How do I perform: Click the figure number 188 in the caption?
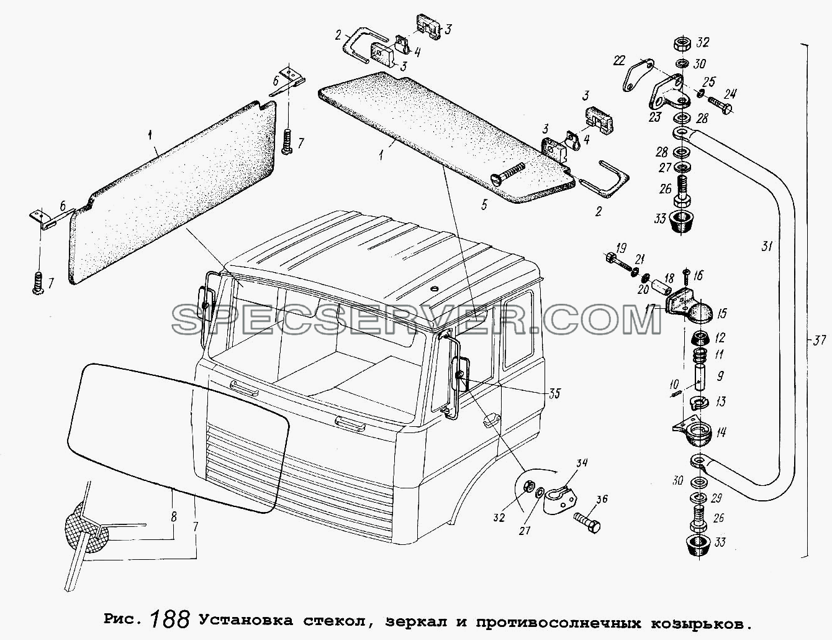170,619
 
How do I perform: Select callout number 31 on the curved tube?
766,246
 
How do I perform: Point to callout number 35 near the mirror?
554,393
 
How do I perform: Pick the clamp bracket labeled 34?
561,497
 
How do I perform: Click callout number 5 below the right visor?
484,205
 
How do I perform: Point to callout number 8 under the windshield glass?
173,518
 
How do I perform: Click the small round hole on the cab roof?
433,288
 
